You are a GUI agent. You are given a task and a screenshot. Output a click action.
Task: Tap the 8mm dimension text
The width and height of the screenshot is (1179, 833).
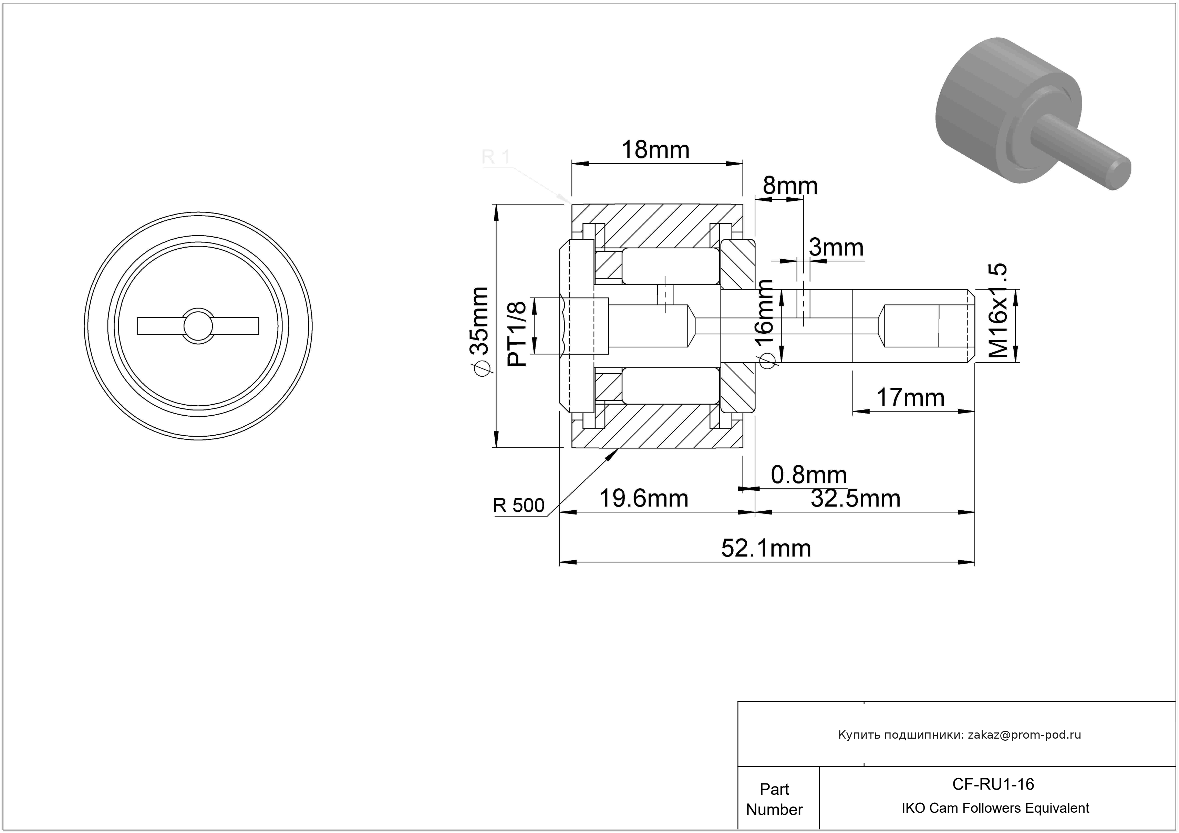[790, 186]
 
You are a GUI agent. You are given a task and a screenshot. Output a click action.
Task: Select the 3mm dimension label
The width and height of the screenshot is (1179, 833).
[836, 248]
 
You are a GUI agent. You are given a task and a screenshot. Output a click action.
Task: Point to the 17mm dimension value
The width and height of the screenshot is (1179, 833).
[910, 398]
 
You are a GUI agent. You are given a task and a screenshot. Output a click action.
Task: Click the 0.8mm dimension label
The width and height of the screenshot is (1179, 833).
[808, 475]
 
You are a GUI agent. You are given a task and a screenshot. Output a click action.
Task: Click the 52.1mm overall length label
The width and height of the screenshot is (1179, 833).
[766, 549]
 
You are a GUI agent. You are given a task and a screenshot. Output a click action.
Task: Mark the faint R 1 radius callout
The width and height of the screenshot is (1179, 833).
[496, 157]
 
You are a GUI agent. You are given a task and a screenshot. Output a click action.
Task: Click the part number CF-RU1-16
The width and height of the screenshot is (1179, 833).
[993, 784]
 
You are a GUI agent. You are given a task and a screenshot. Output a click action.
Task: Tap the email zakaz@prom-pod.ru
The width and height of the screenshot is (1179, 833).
[1024, 735]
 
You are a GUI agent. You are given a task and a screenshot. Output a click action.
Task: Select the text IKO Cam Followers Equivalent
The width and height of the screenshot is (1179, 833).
[995, 808]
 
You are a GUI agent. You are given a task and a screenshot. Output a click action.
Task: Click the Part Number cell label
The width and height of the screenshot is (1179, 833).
[774, 799]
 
